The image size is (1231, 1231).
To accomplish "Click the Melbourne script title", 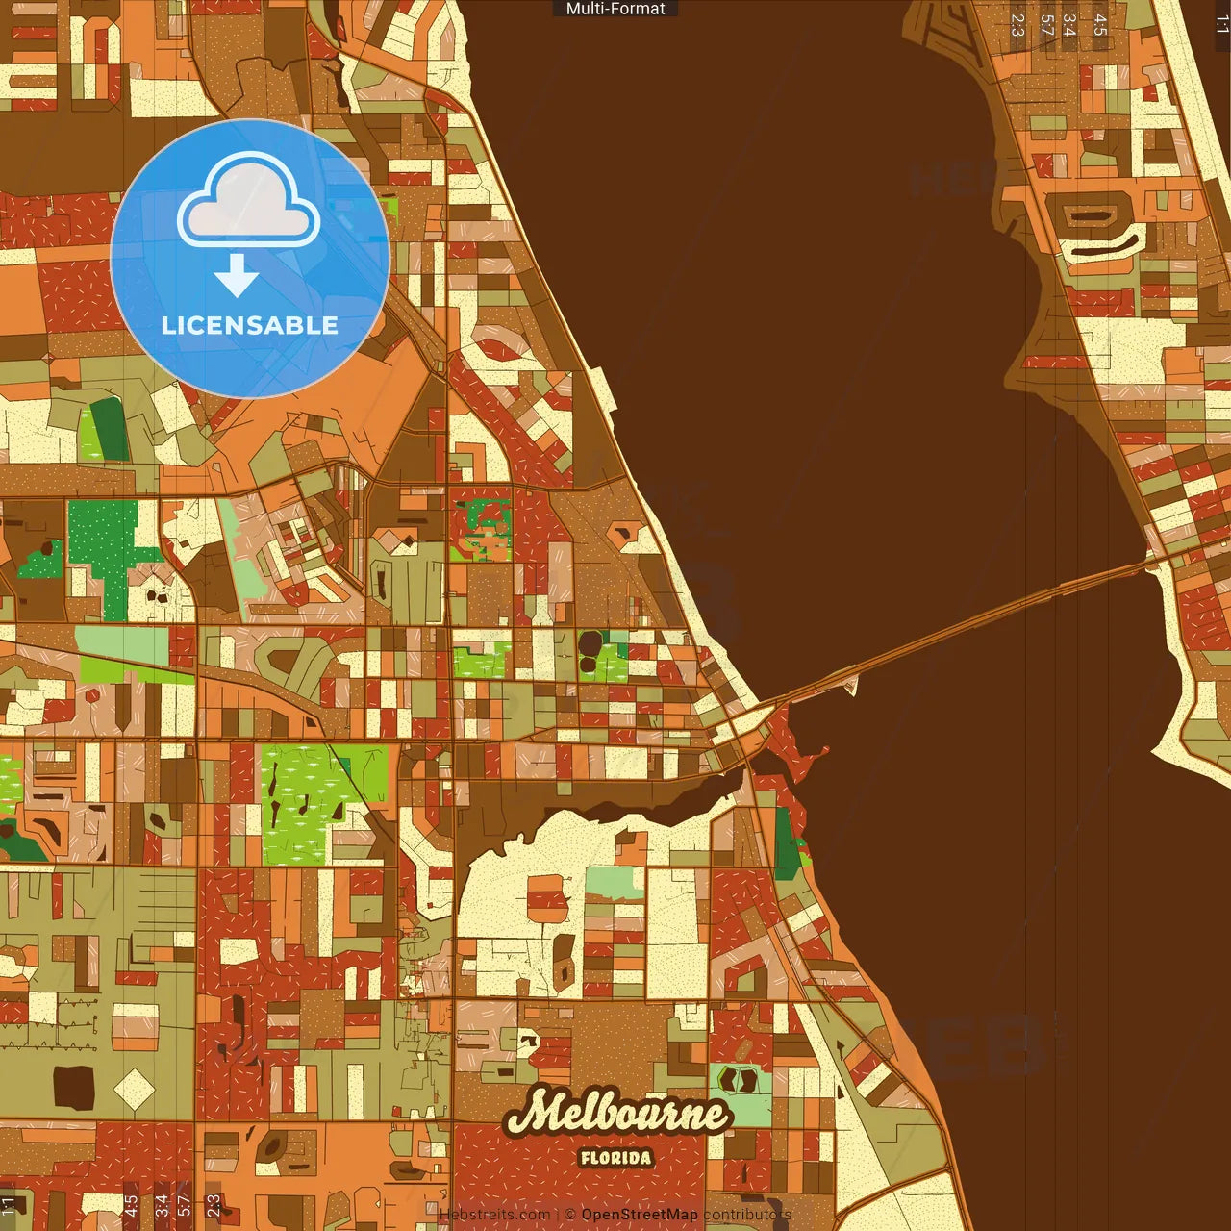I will (616, 1114).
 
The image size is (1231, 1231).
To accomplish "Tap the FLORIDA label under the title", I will (615, 1158).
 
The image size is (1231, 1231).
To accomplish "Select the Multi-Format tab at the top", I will (615, 9).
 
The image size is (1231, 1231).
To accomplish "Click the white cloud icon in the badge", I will (249, 201).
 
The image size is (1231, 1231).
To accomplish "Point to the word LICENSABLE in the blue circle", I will (250, 326).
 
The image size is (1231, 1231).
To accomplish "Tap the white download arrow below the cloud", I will (237, 275).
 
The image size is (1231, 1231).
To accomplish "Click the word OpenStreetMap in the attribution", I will (639, 1215).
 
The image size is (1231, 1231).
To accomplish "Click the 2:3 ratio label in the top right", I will (1017, 25).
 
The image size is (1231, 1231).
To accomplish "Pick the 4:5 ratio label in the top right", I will (1100, 25).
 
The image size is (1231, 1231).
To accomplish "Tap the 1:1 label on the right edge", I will (1221, 25).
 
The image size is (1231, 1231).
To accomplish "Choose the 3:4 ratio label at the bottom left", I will (162, 1205).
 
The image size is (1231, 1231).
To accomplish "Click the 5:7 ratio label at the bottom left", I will (185, 1205).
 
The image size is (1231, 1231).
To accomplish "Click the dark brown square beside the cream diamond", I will (74, 1088).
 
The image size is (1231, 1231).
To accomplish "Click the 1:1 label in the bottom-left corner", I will (9, 1205).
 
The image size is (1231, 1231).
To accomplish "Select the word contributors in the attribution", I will (747, 1215).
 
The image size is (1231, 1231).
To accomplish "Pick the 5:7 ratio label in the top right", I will (1046, 25).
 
